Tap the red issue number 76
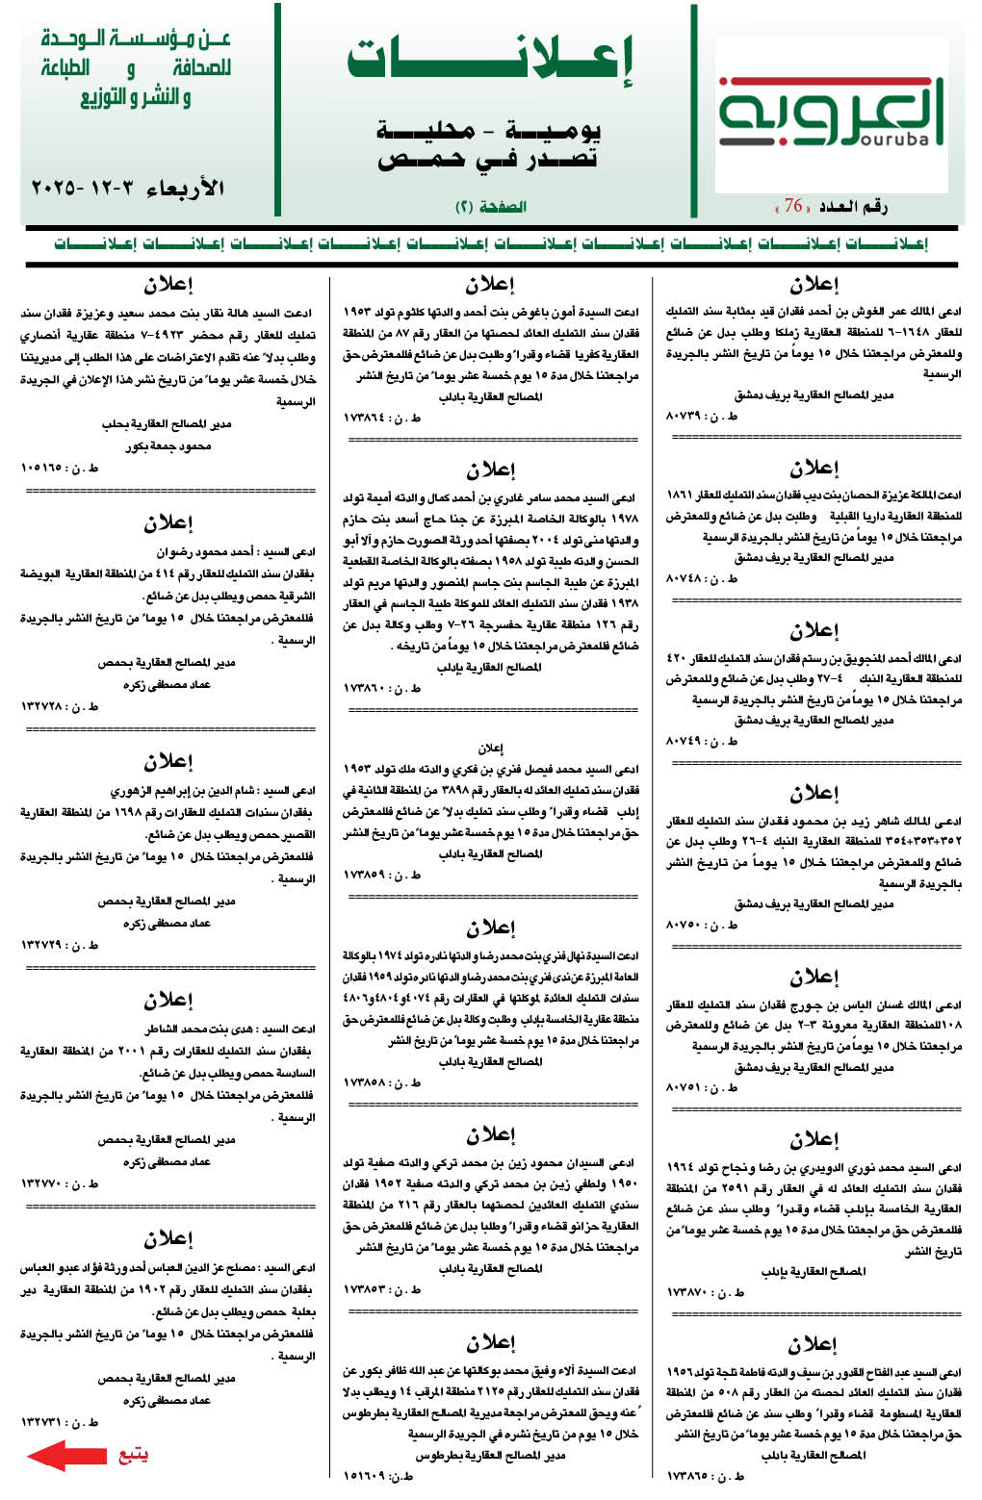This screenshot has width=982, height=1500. [x=793, y=206]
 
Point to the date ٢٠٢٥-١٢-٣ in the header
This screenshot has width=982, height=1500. [x=128, y=188]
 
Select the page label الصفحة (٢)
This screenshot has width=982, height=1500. [x=490, y=207]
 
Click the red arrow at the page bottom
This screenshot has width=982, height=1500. [x=65, y=1455]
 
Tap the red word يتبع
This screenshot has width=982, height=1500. [x=133, y=1455]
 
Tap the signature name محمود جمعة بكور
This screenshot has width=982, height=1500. [x=168, y=446]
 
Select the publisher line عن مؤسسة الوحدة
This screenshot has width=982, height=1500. [x=136, y=39]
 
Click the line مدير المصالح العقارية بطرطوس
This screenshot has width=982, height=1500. [x=490, y=1455]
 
